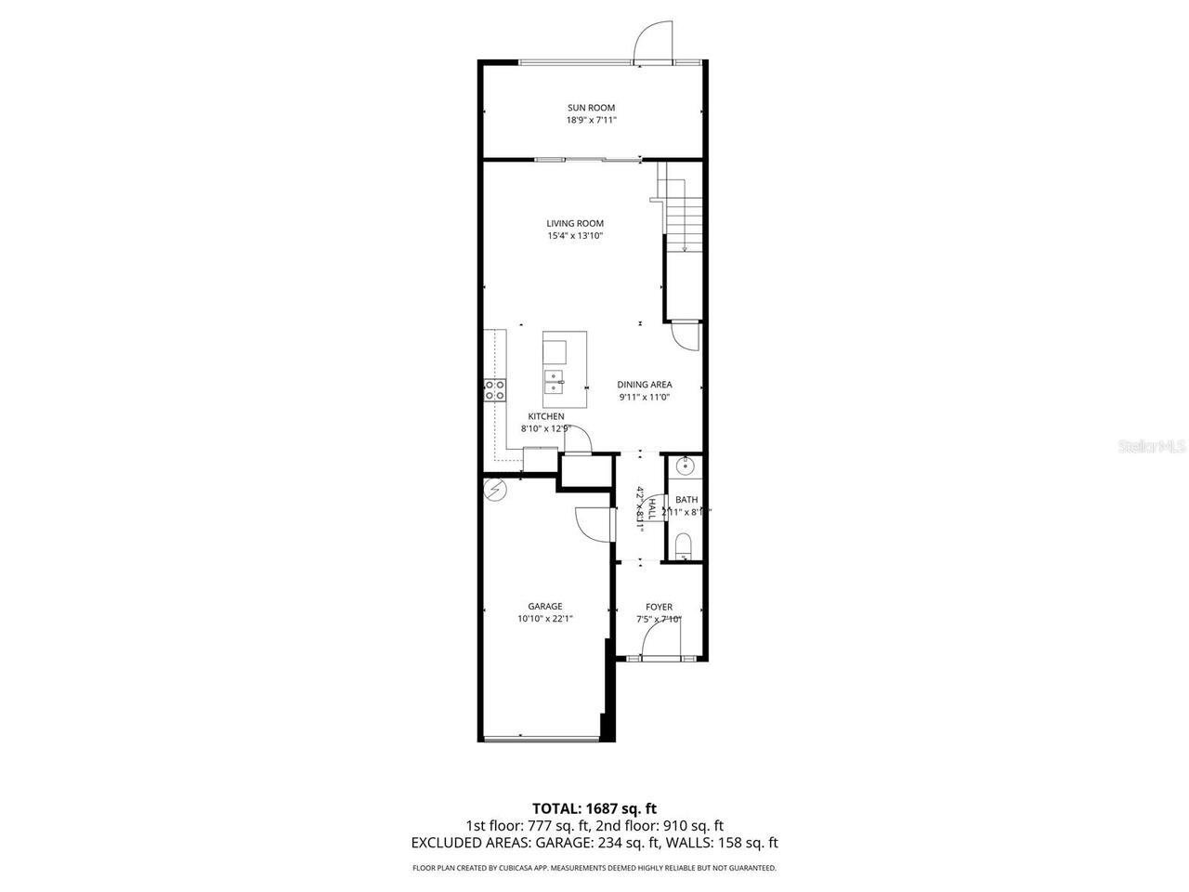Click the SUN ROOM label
point(591,108)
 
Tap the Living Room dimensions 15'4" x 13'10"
point(575,236)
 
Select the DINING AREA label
point(645,385)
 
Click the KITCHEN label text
point(546,416)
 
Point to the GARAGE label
point(545,607)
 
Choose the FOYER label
point(659,608)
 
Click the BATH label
point(686,500)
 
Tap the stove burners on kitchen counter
point(495,390)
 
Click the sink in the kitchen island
point(555,380)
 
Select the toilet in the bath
point(684,544)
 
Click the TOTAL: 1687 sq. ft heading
point(594,808)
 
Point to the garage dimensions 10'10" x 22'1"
point(545,619)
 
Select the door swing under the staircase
point(686,335)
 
